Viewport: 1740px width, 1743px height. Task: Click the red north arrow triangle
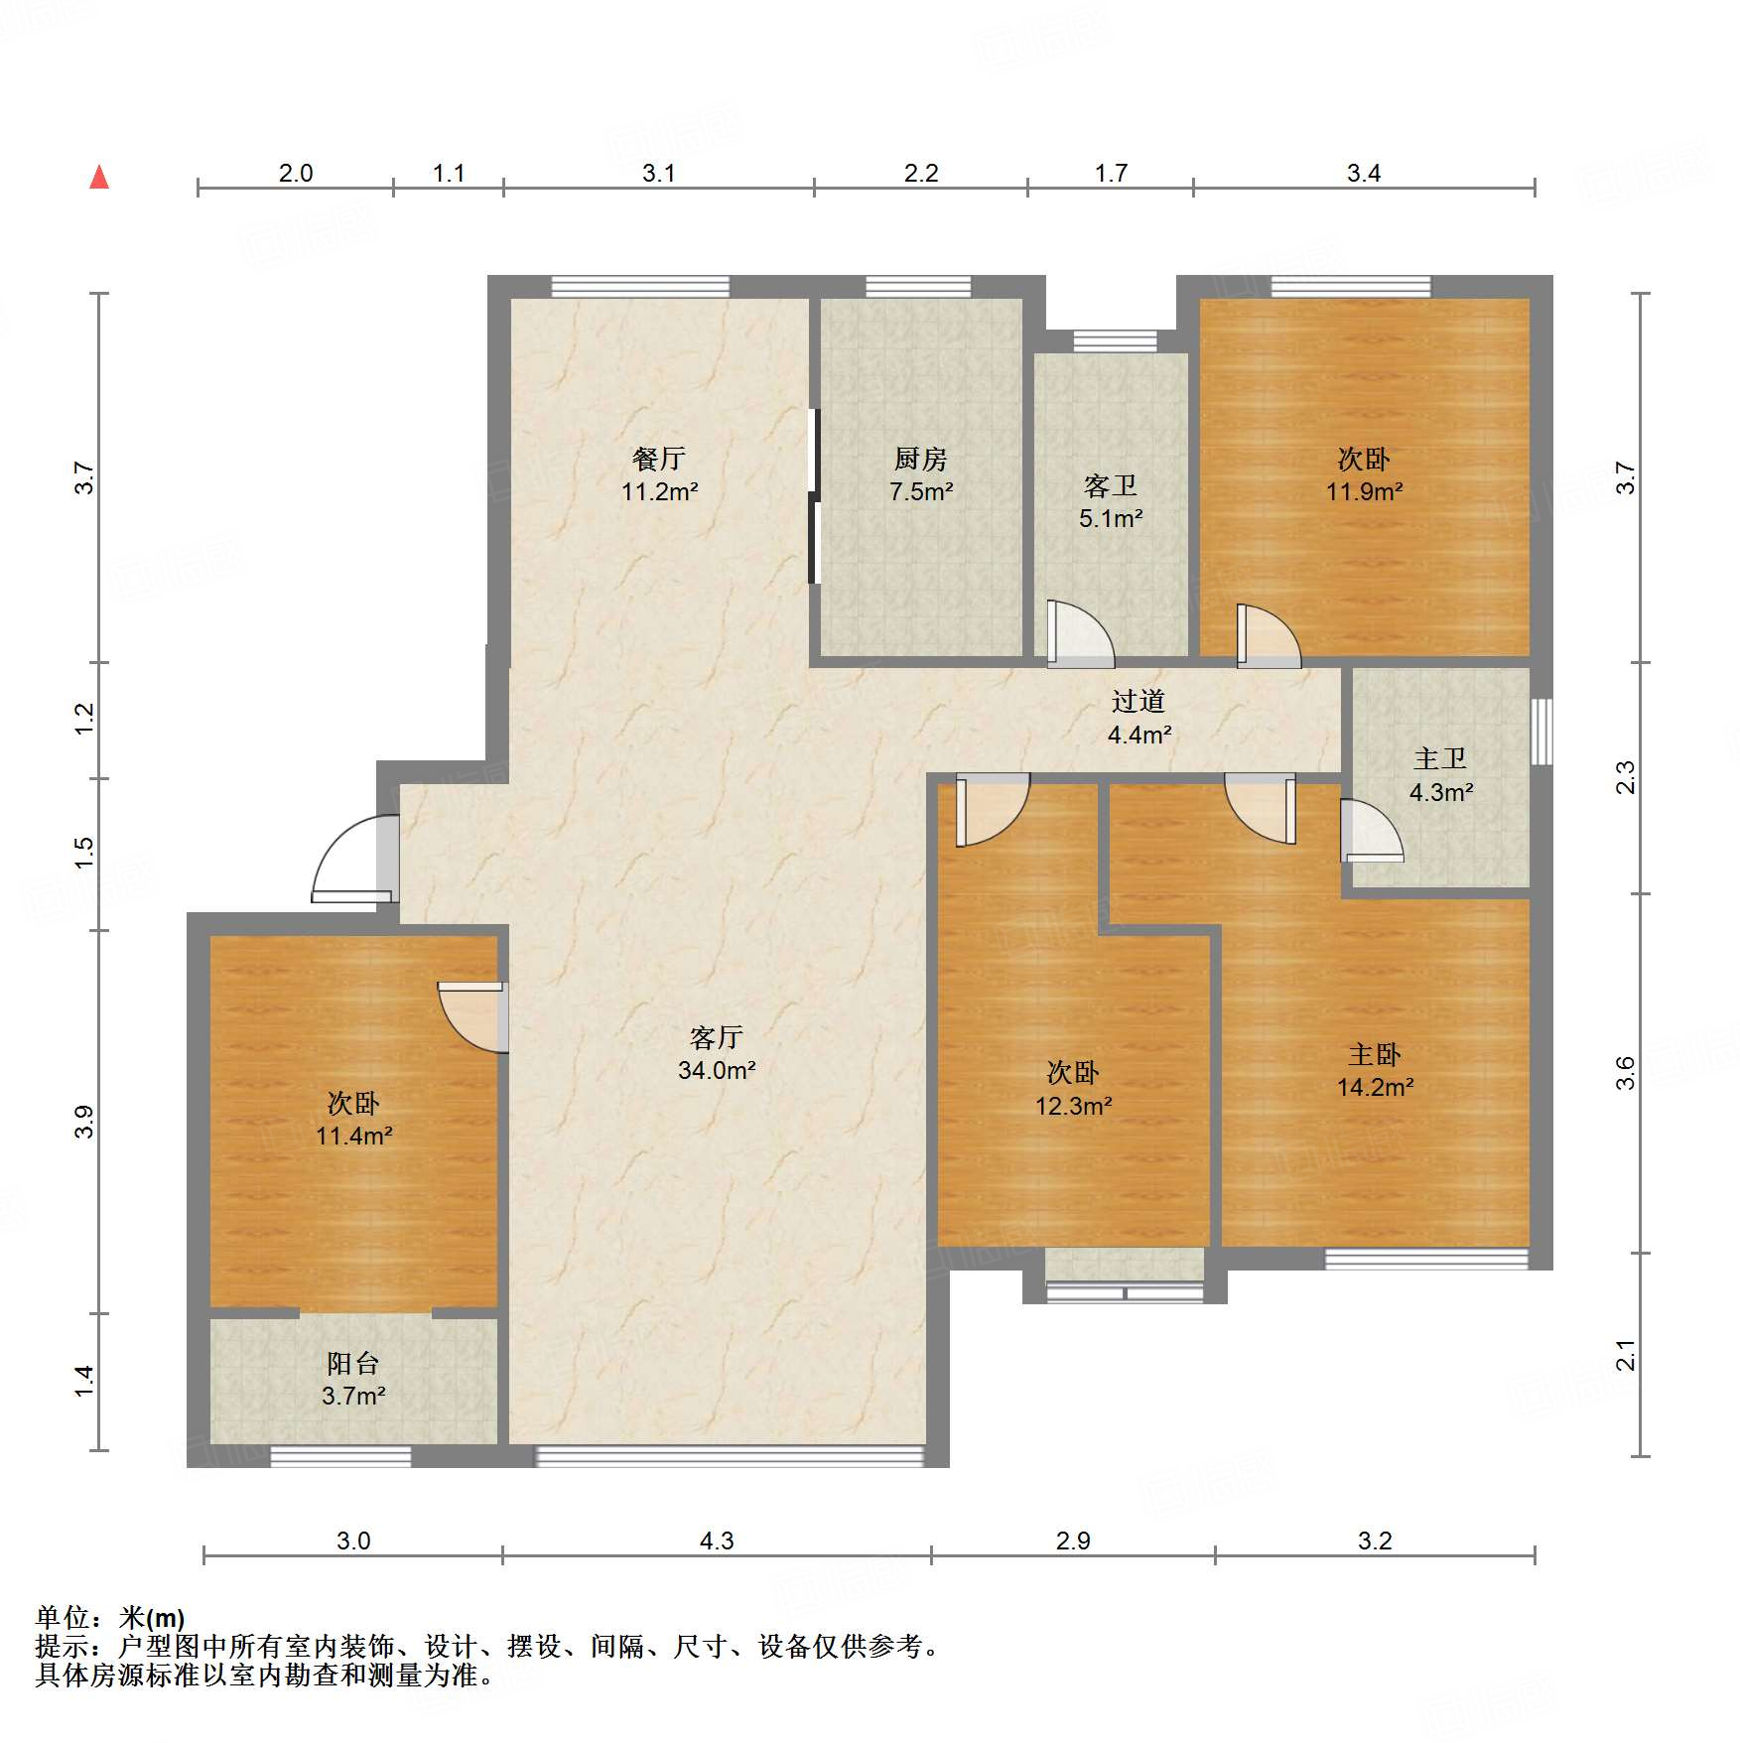coord(99,177)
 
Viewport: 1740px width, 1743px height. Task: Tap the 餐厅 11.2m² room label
coord(659,474)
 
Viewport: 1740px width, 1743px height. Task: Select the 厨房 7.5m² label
coord(921,474)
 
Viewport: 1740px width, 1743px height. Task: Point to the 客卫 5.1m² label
coord(1111,501)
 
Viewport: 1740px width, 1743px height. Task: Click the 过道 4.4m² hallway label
coord(1138,718)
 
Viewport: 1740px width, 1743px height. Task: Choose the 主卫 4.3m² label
coord(1440,775)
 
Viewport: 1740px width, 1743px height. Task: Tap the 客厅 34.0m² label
coord(717,1053)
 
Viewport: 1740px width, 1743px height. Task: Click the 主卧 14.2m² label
coord(1375,1070)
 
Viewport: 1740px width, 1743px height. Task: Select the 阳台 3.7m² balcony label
coord(353,1379)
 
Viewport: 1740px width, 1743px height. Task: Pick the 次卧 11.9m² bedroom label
coord(1364,474)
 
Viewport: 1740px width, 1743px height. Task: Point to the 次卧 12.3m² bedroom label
coord(1073,1088)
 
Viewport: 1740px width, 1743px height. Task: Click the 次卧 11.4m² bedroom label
coord(353,1119)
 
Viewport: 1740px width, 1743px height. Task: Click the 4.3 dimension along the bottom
coord(717,1541)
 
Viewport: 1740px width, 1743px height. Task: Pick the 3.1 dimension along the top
coord(658,173)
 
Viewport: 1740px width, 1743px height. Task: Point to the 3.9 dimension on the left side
coord(84,1122)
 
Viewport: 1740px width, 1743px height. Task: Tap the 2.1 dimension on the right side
coord(1625,1355)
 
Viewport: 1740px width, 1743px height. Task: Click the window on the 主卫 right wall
coord(1541,732)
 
